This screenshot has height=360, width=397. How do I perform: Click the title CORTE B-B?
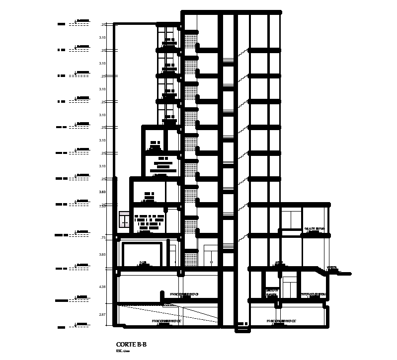[x=131, y=345]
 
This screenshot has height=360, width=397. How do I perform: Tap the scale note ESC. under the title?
[x=123, y=351]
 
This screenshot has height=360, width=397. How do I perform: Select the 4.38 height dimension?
[x=102, y=287]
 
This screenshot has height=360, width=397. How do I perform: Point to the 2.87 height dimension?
[x=102, y=315]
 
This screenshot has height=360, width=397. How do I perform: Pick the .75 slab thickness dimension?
[x=103, y=238]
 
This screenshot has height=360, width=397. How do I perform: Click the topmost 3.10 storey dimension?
[x=102, y=38]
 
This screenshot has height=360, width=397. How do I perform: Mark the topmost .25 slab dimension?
[x=103, y=25]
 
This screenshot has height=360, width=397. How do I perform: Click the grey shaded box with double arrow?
[x=124, y=220]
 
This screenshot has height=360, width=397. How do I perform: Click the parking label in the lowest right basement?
[x=282, y=321]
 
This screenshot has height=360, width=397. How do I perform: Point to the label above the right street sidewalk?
[x=331, y=268]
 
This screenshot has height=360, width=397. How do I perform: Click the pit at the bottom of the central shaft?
[x=242, y=324]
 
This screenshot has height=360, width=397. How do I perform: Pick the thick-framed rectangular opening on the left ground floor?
[x=143, y=255]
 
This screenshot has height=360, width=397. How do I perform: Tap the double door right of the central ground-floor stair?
[x=211, y=256]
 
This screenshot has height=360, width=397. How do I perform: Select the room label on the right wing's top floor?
[x=314, y=229]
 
